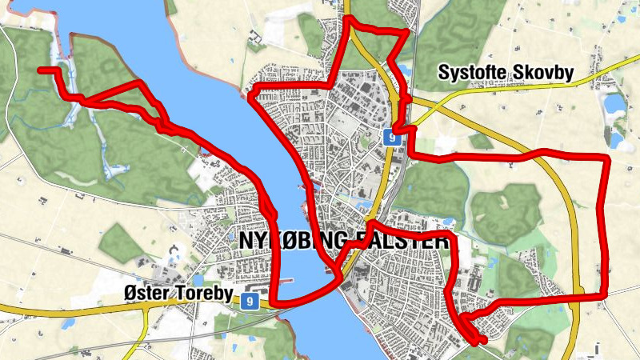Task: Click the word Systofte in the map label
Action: click(472, 74)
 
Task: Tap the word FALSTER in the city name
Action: click(399, 239)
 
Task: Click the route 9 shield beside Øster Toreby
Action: click(250, 301)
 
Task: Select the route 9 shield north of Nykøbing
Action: click(391, 137)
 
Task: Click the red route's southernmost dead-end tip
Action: click(483, 342)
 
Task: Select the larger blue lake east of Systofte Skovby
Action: click(614, 104)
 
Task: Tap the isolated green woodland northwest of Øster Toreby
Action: click(121, 239)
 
